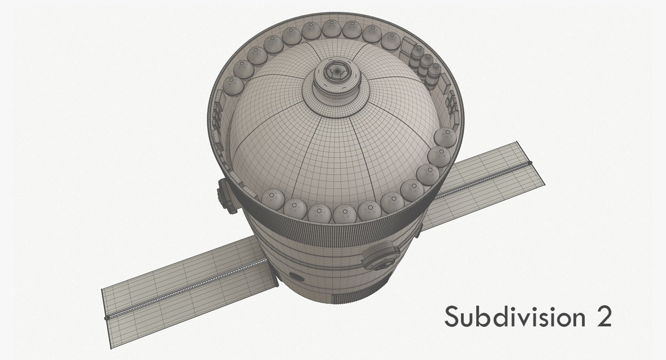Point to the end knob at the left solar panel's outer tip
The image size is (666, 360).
pyautogui.click(x=106, y=317)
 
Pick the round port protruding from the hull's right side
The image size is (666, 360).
pyautogui.click(x=380, y=256)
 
